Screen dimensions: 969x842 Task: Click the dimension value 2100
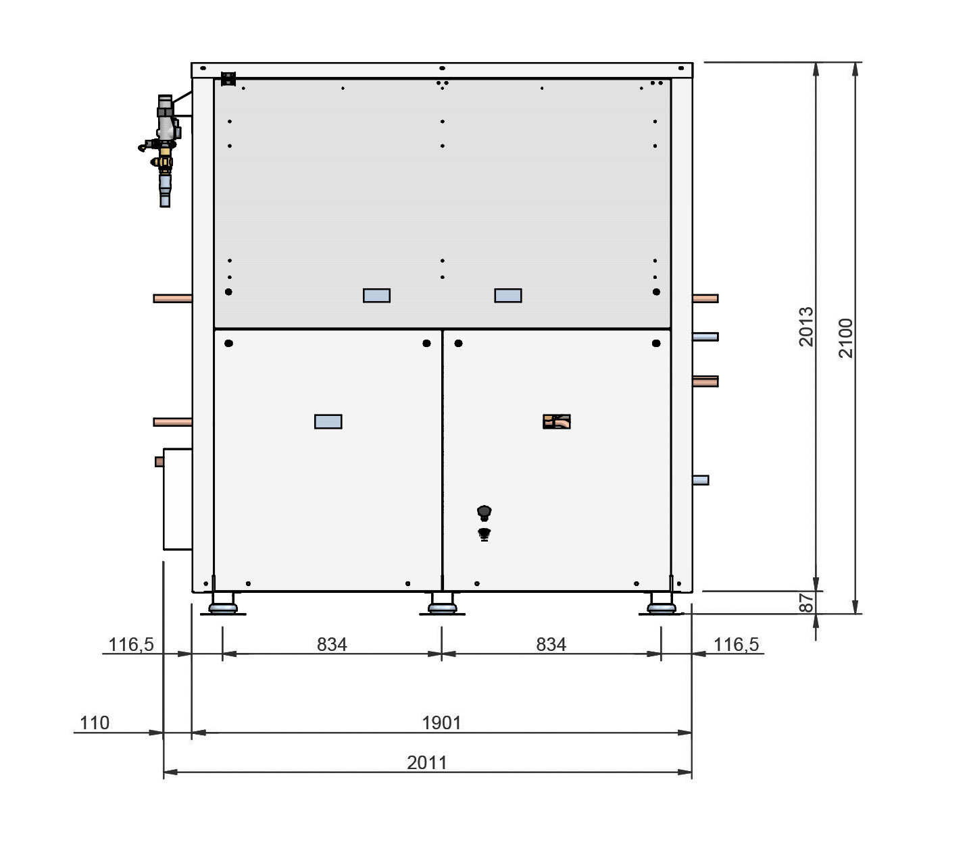pos(845,338)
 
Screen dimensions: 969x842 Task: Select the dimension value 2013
pos(805,327)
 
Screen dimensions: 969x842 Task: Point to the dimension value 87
pos(805,602)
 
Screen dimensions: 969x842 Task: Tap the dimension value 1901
pos(441,722)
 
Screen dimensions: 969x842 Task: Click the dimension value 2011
pos(426,762)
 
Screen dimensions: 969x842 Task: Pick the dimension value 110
pos(94,722)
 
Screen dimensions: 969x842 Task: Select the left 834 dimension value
pos(332,644)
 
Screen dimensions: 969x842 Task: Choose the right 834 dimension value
pos(551,644)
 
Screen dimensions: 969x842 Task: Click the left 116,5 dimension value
pos(131,645)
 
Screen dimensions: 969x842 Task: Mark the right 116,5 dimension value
pos(736,645)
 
